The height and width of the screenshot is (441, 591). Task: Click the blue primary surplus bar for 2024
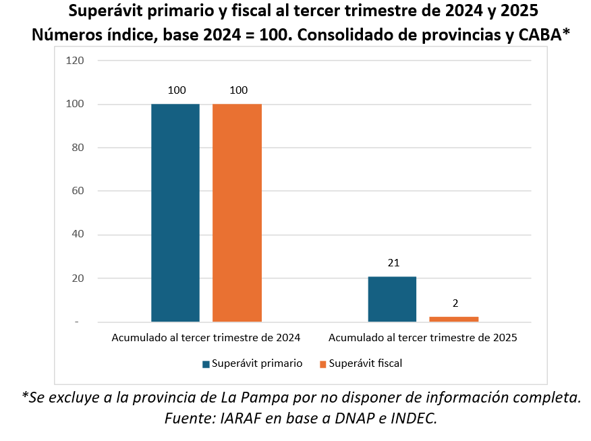click(x=175, y=212)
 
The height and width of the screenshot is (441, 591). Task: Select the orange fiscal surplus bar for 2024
click(x=237, y=212)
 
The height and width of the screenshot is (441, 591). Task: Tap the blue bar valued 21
click(x=392, y=299)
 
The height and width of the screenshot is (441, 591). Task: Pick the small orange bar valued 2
click(x=453, y=319)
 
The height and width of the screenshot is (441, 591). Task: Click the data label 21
click(x=394, y=263)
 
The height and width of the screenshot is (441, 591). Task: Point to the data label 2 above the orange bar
click(x=455, y=303)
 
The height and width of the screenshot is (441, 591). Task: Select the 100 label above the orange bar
click(x=239, y=90)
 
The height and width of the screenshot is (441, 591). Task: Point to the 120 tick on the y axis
click(x=74, y=60)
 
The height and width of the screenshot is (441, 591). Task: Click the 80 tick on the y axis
click(x=77, y=148)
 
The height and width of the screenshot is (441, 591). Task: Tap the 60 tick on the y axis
click(x=77, y=191)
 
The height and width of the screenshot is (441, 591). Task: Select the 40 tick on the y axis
click(x=77, y=235)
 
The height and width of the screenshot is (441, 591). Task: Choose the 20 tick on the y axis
click(x=77, y=278)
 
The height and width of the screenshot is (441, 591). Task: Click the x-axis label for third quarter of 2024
click(x=206, y=337)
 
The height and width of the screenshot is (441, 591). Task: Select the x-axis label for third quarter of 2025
click(x=422, y=337)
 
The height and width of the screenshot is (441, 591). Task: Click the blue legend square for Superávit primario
click(x=206, y=364)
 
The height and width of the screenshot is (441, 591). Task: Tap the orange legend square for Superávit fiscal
click(x=322, y=364)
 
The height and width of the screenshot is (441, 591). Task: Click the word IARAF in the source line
click(x=242, y=418)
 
